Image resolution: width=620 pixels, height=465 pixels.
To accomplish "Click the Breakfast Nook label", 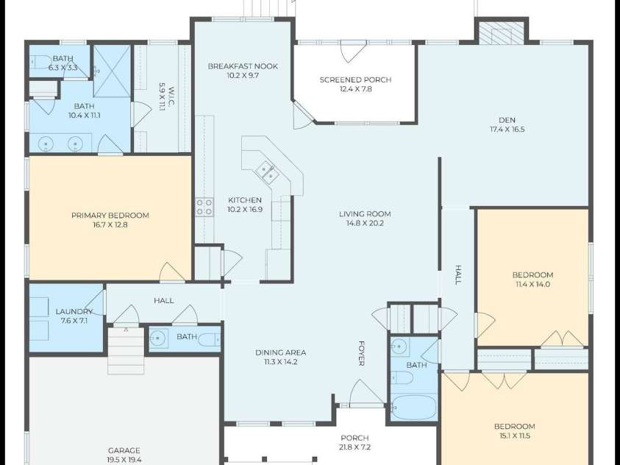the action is point(243,66).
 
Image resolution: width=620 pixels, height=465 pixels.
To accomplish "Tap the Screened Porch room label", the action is point(355,80).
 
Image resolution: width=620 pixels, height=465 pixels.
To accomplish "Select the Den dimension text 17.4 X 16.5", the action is point(507,129).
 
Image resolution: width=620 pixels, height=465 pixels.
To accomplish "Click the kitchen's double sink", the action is point(266,171).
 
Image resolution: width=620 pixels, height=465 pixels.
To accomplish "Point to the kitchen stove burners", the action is point(204,207).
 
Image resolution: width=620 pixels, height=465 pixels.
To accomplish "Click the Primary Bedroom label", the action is point(110,216).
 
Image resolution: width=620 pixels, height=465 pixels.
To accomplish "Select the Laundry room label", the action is point(74,311).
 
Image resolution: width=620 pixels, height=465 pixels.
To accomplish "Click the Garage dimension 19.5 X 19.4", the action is point(124,460).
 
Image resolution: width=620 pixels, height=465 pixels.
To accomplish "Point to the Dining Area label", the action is point(281,352).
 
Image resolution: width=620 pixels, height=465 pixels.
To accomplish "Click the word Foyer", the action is point(361,353).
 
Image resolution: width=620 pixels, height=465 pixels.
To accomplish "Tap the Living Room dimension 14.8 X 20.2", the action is point(365,224).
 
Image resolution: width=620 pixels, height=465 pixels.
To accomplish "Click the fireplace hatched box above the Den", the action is point(502,33).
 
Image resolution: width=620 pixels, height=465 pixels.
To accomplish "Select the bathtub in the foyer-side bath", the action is point(414,408).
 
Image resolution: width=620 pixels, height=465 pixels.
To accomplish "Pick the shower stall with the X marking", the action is point(112,71).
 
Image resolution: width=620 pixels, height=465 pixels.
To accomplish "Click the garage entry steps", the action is point(127,350).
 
